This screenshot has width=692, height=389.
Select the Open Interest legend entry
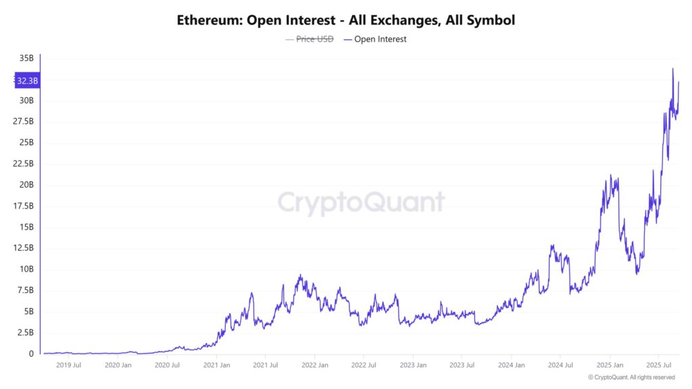(375, 39)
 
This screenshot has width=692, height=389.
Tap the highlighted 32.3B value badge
(27, 81)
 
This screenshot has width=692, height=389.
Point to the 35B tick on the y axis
(26, 59)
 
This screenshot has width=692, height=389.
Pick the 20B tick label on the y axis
(26, 185)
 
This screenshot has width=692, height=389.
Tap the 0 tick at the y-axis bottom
(31, 354)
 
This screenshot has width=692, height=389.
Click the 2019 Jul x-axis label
(68, 365)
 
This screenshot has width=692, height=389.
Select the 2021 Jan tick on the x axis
(216, 365)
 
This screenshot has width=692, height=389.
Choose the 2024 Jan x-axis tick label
(511, 365)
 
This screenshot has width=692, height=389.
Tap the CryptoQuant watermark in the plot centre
(361, 203)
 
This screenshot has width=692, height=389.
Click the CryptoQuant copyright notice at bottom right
(631, 378)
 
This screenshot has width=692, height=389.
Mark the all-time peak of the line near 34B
(672, 69)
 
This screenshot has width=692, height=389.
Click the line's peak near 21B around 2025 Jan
(610, 176)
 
